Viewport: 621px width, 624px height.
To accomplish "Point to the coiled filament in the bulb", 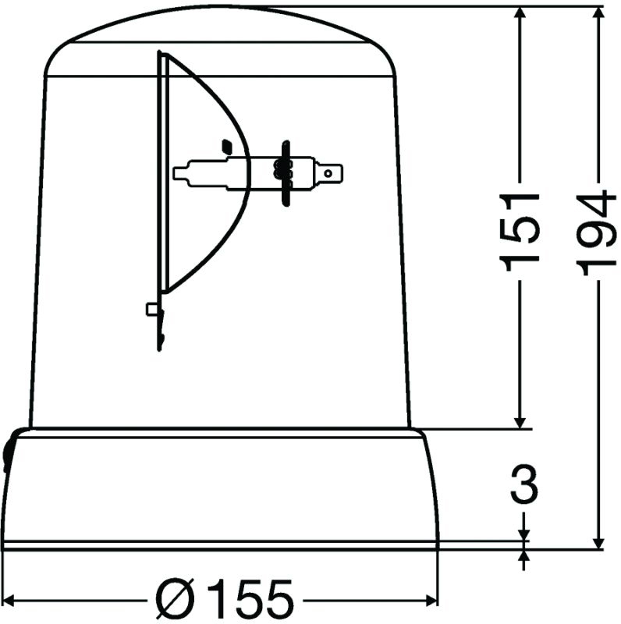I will (x=280, y=169).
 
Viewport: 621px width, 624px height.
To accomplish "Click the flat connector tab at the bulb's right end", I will (x=333, y=171).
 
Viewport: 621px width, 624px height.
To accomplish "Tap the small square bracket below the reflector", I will (x=152, y=309).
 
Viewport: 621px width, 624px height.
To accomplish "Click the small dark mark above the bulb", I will (x=227, y=145).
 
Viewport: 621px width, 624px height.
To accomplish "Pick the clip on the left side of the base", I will (x=9, y=452).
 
